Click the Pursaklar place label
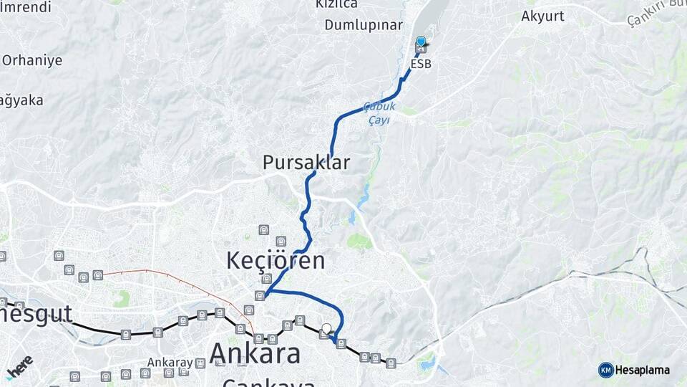(x=306, y=163)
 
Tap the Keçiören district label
(x=276, y=260)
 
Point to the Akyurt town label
(x=542, y=16)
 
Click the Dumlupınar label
(x=364, y=25)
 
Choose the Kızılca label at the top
(x=336, y=4)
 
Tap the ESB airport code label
(x=421, y=64)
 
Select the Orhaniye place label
(x=31, y=60)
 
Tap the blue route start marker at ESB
(x=421, y=42)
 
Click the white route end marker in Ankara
(x=327, y=329)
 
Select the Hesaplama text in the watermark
(x=643, y=370)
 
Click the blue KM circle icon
(x=605, y=370)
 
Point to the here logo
(x=19, y=365)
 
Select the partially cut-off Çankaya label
(x=268, y=383)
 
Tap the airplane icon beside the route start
(x=427, y=47)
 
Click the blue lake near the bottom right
(x=427, y=363)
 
